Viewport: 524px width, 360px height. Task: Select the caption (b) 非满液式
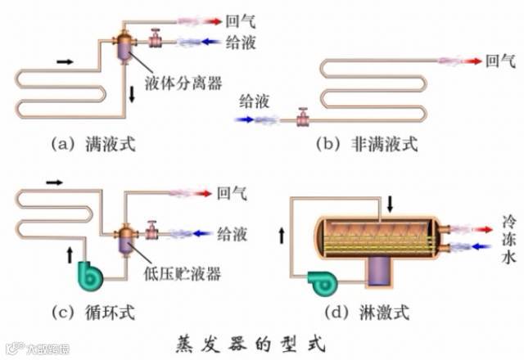pyautogui.click(x=368, y=145)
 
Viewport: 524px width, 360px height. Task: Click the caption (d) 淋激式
pyautogui.click(x=366, y=312)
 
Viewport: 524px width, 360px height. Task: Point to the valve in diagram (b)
pyautogui.click(x=302, y=119)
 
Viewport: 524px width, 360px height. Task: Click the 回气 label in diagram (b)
pyautogui.click(x=500, y=60)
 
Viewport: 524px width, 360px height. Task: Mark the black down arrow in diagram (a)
pyautogui.click(x=133, y=95)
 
